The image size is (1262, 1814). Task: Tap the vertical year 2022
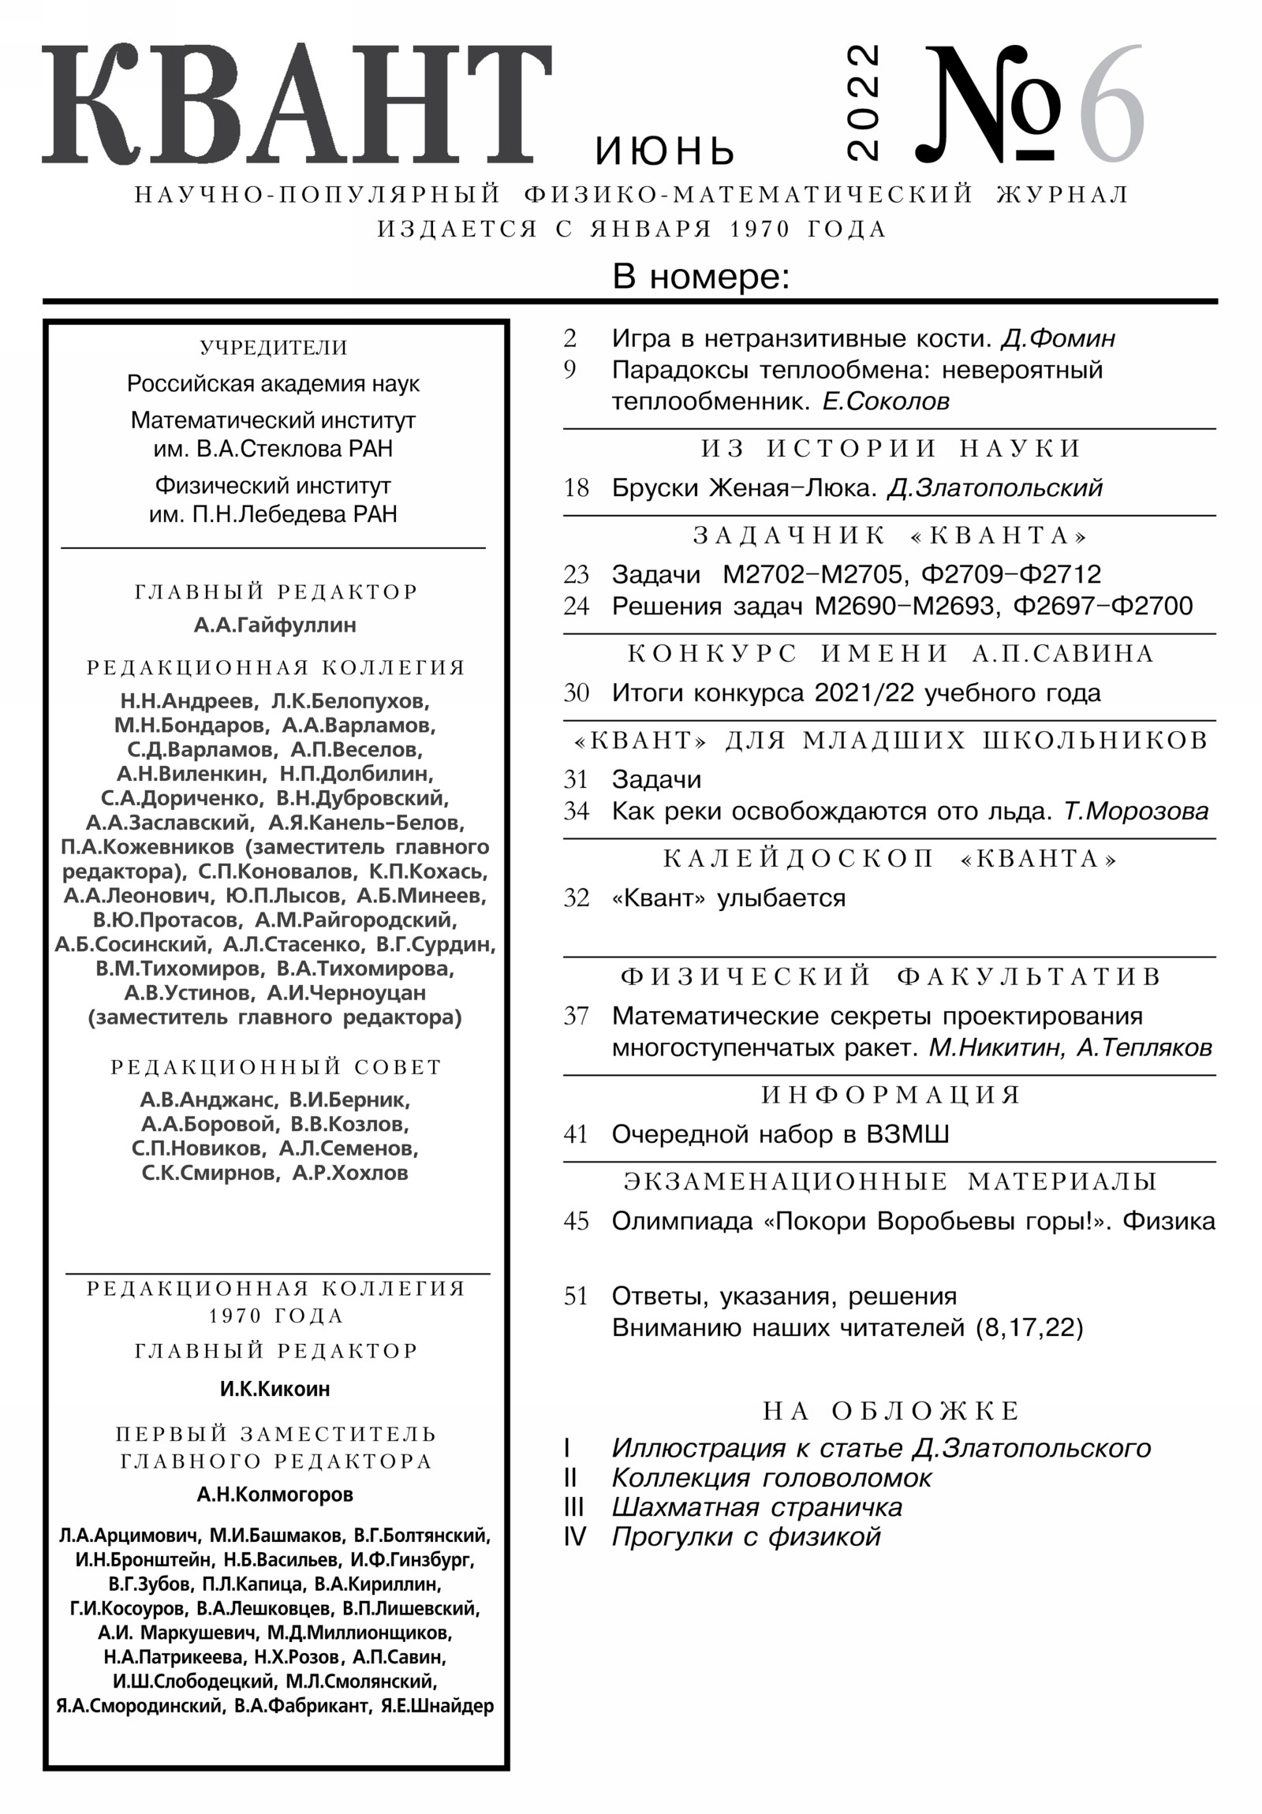tap(862, 103)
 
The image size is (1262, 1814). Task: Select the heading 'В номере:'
tap(701, 278)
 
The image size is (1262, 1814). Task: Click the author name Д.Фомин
tap(1058, 338)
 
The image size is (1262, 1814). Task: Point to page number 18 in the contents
tap(576, 487)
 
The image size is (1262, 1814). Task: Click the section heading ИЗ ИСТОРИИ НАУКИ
tap(890, 449)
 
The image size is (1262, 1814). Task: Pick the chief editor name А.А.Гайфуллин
tap(275, 625)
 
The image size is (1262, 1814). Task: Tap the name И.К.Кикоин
tap(275, 1388)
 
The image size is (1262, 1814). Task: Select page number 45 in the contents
tap(576, 1221)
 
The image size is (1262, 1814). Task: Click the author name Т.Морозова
tap(1136, 812)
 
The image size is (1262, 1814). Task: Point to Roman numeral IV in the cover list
tap(574, 1536)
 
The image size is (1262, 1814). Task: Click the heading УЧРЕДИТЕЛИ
tap(274, 348)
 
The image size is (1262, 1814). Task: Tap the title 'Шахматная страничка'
tap(756, 1507)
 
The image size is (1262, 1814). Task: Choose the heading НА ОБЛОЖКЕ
tap(890, 1410)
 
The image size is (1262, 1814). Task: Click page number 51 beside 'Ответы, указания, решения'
tap(576, 1297)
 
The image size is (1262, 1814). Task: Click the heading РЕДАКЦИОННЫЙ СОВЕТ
tap(276, 1066)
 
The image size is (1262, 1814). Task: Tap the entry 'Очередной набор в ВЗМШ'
tap(780, 1135)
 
